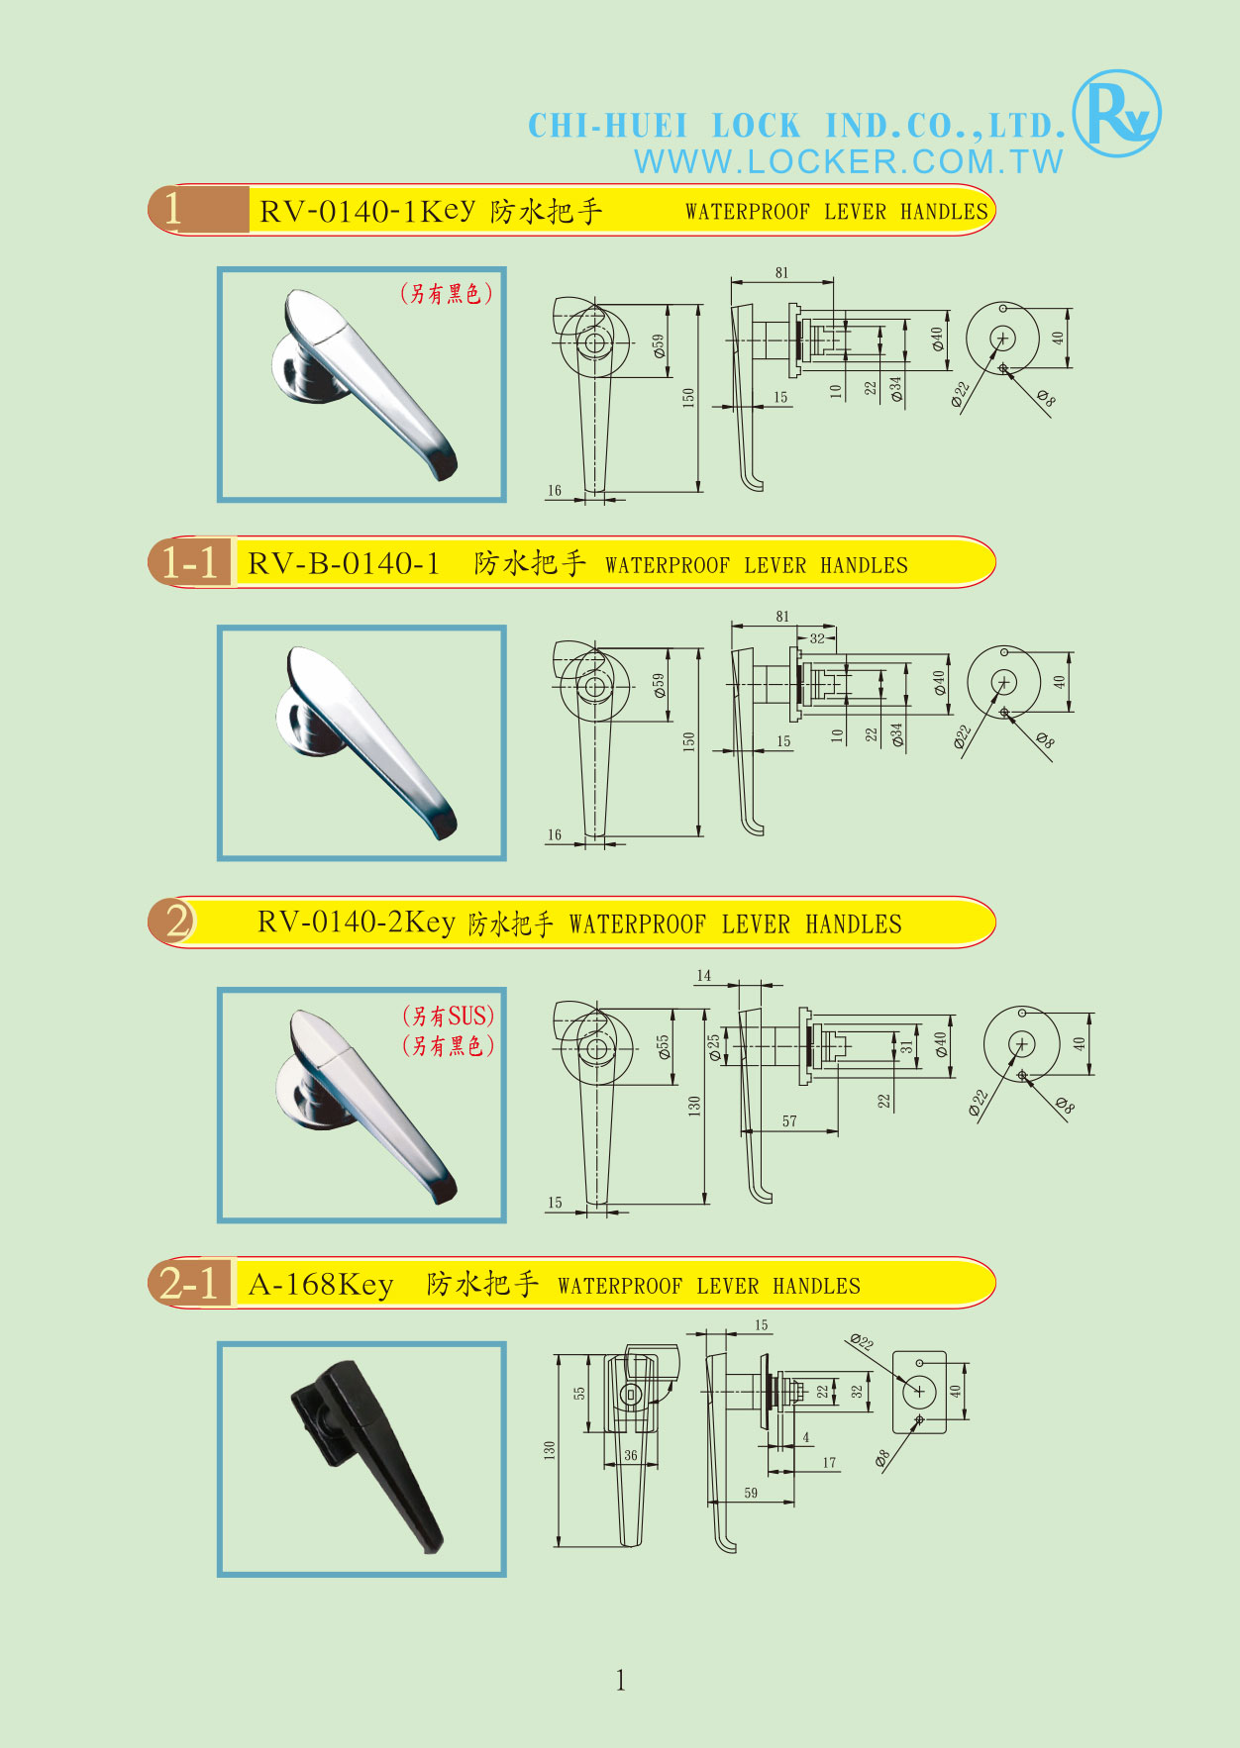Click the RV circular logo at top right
1117,113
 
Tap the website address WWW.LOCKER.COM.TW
849,161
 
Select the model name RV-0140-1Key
367,211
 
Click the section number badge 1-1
189,562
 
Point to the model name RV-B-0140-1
344,563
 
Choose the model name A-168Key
321,1284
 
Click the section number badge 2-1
189,1283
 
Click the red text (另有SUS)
448,1016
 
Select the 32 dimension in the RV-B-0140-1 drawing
817,638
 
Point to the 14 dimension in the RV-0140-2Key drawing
703,976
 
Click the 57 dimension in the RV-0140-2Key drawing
789,1121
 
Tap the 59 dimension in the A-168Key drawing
751,1493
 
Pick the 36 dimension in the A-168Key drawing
631,1455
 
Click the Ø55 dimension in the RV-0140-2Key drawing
664,1047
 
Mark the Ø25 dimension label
714,1048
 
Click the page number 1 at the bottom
620,1680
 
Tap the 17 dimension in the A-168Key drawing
829,1462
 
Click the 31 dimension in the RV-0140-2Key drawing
906,1045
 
